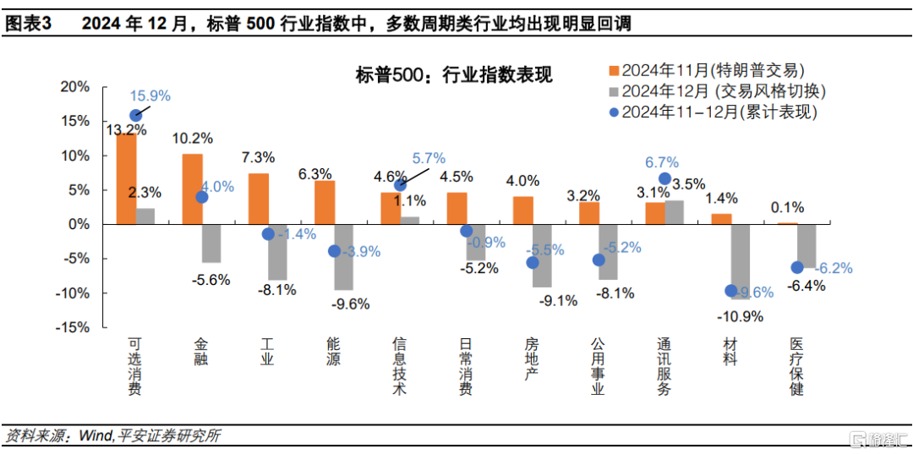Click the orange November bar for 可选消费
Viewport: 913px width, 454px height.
tap(126, 178)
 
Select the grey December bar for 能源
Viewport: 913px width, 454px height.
tap(343, 257)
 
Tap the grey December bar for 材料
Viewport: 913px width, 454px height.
tap(741, 261)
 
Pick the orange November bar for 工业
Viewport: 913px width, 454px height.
tap(259, 199)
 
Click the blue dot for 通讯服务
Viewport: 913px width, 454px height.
tap(664, 178)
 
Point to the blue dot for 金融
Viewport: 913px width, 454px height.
tap(201, 197)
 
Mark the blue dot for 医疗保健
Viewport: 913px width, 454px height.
tap(796, 267)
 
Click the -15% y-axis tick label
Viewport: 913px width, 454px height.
tap(74, 327)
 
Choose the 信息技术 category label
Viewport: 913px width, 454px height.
tap(399, 367)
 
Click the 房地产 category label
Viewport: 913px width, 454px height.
tap(532, 359)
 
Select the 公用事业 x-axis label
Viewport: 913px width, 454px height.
tap(598, 367)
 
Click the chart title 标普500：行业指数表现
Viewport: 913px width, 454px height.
tap(454, 75)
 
